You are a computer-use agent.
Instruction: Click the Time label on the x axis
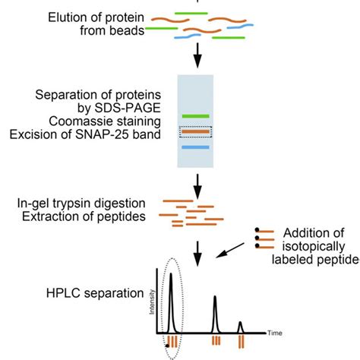pyautogui.click(x=275, y=333)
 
